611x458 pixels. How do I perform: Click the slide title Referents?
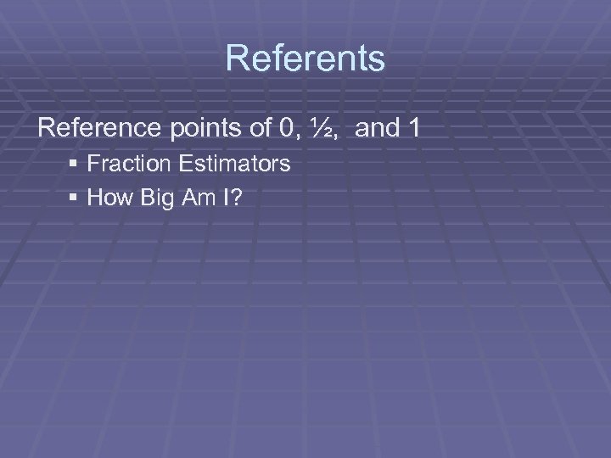point(305,59)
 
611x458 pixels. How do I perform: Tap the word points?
point(216,130)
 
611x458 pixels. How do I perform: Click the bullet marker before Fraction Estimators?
point(75,163)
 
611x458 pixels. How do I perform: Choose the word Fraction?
point(130,162)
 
